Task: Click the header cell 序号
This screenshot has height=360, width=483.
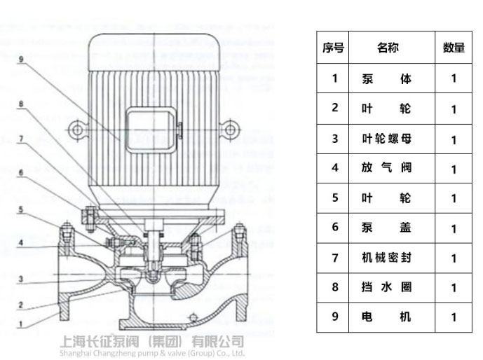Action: click(334, 48)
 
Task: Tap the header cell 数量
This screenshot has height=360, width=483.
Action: click(454, 48)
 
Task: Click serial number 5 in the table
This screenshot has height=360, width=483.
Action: click(334, 198)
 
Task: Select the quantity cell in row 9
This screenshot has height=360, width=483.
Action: click(454, 317)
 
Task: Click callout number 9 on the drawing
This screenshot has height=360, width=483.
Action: click(22, 60)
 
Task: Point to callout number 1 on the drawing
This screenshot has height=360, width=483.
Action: click(22, 324)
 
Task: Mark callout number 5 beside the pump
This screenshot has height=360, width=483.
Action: click(22, 209)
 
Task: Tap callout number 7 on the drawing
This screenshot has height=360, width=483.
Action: click(22, 139)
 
